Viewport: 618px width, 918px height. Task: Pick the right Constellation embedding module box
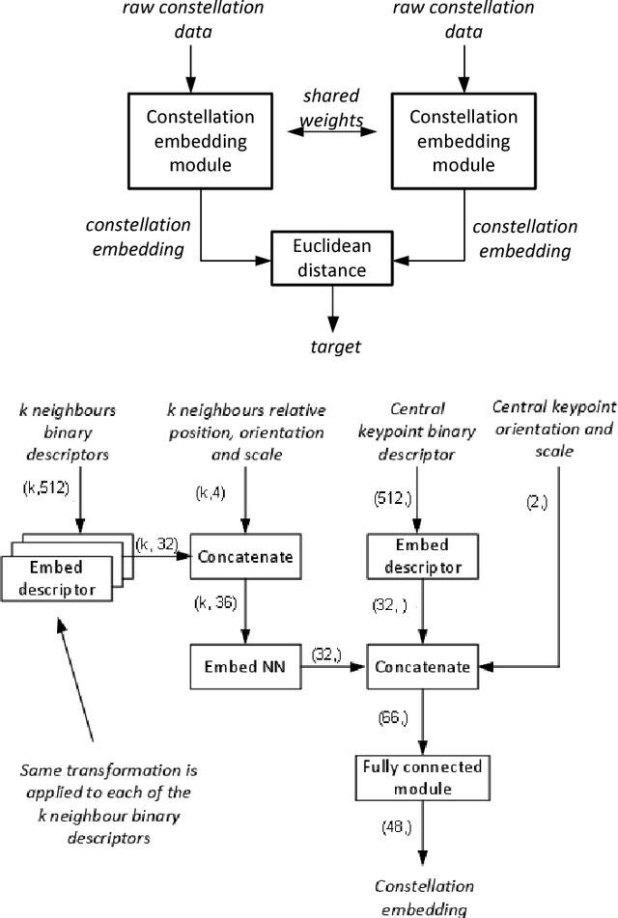[463, 142]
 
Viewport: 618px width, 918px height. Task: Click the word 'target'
[333, 346]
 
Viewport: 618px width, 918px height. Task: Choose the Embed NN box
[245, 665]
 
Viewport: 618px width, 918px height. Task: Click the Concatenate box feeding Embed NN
[245, 557]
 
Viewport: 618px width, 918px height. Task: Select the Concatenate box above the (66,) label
[421, 667]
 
